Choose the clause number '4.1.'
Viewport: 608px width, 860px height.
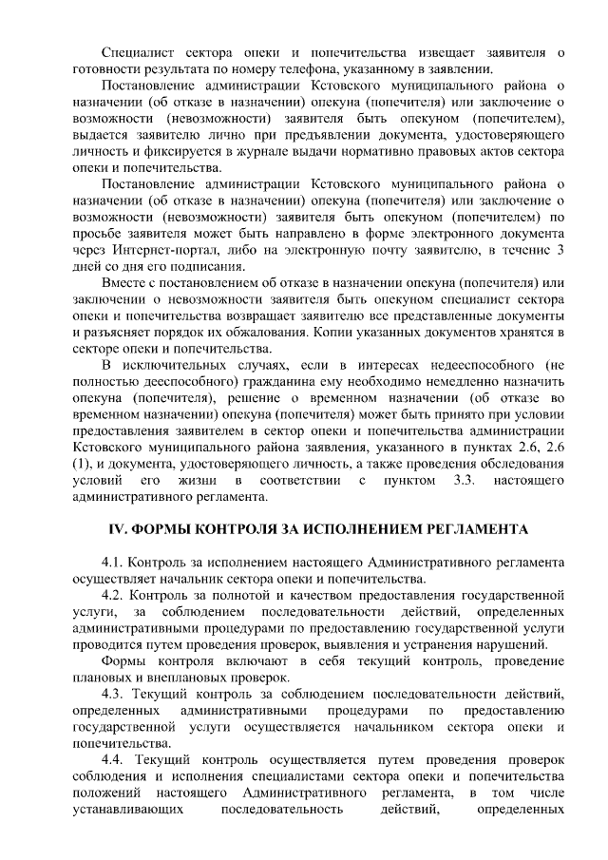click(114, 562)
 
